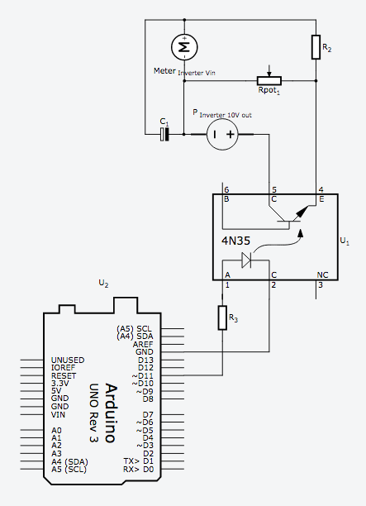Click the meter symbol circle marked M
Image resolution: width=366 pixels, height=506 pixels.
[x=184, y=47]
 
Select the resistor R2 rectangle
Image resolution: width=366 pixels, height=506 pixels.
[x=316, y=47]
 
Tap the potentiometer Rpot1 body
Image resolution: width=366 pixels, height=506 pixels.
[x=269, y=81]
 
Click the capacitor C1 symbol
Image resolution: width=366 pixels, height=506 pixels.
[x=164, y=134]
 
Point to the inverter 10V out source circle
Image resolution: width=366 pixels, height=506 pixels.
[x=222, y=134]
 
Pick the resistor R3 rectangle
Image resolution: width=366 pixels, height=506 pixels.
[x=222, y=317]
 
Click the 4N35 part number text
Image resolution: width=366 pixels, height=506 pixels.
[x=235, y=241]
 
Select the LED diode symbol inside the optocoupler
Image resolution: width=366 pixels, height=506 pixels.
[x=247, y=260]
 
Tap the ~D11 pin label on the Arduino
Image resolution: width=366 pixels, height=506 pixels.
[x=143, y=375]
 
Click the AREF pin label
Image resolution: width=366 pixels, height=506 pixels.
[x=143, y=344]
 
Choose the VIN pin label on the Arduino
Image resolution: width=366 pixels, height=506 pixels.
[x=58, y=415]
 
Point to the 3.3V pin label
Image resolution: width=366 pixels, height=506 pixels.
[x=60, y=384]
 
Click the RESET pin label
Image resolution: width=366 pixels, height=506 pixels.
[x=64, y=375]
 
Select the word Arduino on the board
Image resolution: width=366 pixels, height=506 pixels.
[x=110, y=413]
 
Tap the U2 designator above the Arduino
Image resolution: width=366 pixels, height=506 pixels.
[x=103, y=284]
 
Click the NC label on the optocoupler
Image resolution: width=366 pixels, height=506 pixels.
[x=322, y=275]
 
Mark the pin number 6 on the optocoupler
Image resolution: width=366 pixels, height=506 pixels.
[x=226, y=190]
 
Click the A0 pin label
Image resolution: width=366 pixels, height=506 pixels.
[x=56, y=431]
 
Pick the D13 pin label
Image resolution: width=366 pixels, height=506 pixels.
[x=145, y=360]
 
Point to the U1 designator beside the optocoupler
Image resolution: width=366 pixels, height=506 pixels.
[x=345, y=241]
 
